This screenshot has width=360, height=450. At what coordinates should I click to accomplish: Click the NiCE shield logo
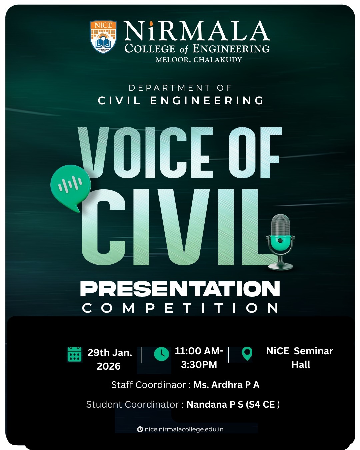point(103,37)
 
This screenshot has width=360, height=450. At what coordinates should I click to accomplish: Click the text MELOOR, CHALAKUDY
point(199,60)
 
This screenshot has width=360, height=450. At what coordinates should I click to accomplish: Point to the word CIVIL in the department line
point(119,100)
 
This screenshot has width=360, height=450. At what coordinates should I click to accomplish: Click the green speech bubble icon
point(70,185)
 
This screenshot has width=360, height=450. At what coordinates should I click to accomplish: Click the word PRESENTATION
point(180,289)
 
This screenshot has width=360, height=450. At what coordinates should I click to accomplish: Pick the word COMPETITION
point(180,308)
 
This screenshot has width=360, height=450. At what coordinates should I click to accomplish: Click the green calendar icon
point(74,354)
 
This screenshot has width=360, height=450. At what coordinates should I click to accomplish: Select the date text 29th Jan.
point(110,353)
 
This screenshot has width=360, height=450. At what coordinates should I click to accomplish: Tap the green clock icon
point(161,354)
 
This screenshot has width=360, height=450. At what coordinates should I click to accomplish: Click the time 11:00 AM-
point(199,351)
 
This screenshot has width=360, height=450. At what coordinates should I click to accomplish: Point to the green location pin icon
point(247,354)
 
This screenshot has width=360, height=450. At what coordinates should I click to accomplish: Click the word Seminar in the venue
point(313,351)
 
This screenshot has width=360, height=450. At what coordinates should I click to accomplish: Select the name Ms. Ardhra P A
point(226,385)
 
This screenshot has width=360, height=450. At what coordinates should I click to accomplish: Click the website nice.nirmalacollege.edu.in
point(184,429)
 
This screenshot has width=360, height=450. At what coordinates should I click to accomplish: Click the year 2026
point(109,366)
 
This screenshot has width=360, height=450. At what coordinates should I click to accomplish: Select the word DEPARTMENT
point(170,88)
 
